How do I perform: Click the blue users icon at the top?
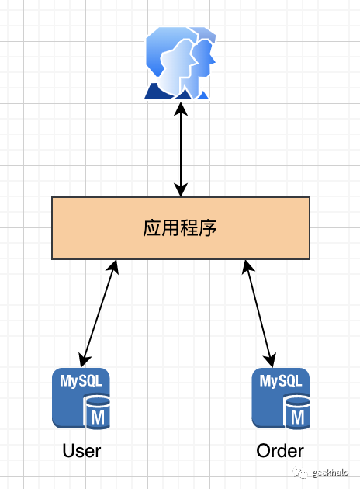(x=180, y=62)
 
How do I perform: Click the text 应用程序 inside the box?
(x=180, y=228)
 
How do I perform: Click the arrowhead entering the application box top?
(x=180, y=191)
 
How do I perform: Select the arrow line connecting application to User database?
(x=99, y=313)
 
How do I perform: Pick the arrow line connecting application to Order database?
(x=259, y=313)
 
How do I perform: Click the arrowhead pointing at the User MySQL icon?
(x=84, y=360)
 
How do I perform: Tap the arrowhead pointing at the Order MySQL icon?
(x=272, y=360)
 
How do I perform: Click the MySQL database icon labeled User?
(x=81, y=398)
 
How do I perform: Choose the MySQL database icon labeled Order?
(x=280, y=398)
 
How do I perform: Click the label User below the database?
(x=81, y=451)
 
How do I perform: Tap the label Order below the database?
(x=280, y=451)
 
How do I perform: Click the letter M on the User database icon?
(x=99, y=418)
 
